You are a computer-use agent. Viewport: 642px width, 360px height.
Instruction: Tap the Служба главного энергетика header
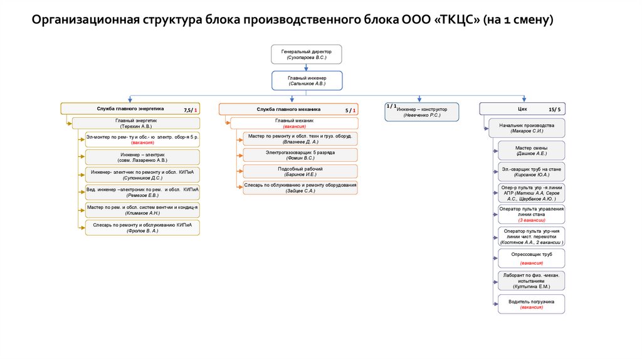(130, 109)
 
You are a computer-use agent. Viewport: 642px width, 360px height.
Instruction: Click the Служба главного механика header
(288, 109)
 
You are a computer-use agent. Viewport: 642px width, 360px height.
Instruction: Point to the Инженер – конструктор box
(421, 112)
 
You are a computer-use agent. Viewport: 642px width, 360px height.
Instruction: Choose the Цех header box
(522, 109)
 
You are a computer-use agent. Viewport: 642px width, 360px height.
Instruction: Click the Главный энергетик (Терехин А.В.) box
(136, 123)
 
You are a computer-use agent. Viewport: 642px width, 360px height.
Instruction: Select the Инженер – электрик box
(142, 157)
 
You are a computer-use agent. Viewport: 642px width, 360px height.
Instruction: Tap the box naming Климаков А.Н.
(142, 209)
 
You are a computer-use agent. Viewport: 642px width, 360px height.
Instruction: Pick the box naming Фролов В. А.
(142, 227)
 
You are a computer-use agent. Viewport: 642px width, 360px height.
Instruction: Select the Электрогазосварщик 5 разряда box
(300, 155)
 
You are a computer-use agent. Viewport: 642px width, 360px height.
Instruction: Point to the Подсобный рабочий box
(300, 171)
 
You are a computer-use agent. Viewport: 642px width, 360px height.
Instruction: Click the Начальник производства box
(527, 129)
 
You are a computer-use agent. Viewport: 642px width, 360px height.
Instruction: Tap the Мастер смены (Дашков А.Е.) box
(532, 150)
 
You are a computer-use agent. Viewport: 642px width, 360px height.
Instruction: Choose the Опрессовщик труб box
(532, 258)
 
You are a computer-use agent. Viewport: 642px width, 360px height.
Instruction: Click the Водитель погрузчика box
(532, 304)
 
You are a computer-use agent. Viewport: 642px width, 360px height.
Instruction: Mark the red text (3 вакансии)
(532, 220)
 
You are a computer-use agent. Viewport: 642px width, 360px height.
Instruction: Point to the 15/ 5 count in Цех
(554, 110)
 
